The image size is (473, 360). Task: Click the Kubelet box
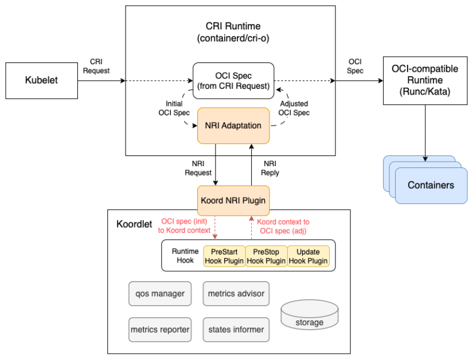click(41, 80)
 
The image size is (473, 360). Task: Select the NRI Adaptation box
click(233, 126)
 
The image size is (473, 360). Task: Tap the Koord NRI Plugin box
click(233, 201)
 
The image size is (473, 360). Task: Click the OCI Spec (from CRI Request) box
click(233, 81)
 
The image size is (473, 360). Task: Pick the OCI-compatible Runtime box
click(425, 80)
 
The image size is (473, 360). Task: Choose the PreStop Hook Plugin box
click(266, 256)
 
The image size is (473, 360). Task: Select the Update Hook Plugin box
click(308, 256)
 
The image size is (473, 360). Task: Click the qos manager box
click(160, 294)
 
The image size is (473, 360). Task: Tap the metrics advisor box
click(236, 294)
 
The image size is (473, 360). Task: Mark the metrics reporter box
click(160, 330)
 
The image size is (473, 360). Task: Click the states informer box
click(236, 330)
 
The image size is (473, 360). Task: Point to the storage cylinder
click(309, 316)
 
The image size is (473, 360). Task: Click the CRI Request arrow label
click(96, 66)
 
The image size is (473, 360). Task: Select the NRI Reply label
click(270, 168)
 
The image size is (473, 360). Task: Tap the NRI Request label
click(198, 168)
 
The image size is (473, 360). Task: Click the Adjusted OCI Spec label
click(294, 108)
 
